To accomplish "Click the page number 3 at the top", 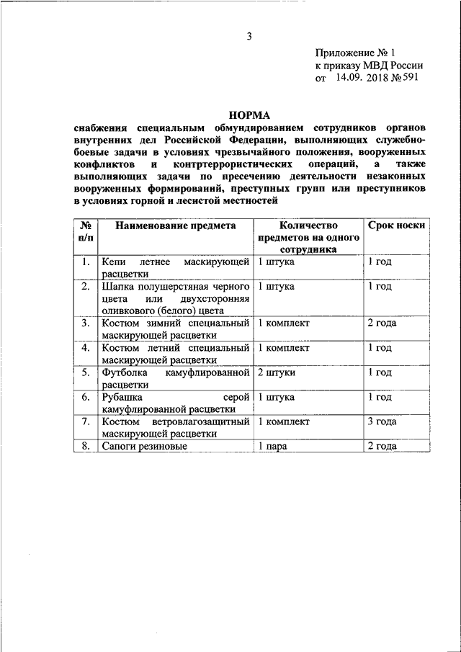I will pyautogui.click(x=249, y=36).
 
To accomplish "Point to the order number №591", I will pyautogui.click(x=404, y=78).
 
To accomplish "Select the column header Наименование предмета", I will pyautogui.click(x=175, y=225).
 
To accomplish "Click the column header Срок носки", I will pyautogui.click(x=396, y=225).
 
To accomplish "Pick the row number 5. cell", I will pyautogui.click(x=85, y=372).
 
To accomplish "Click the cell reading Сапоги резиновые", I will pyautogui.click(x=144, y=447).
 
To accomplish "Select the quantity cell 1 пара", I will pyautogui.click(x=273, y=447).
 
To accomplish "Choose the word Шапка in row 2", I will pyautogui.click(x=117, y=286).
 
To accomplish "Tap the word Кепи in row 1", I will pyautogui.click(x=115, y=262).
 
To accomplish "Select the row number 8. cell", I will pyautogui.click(x=85, y=447).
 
